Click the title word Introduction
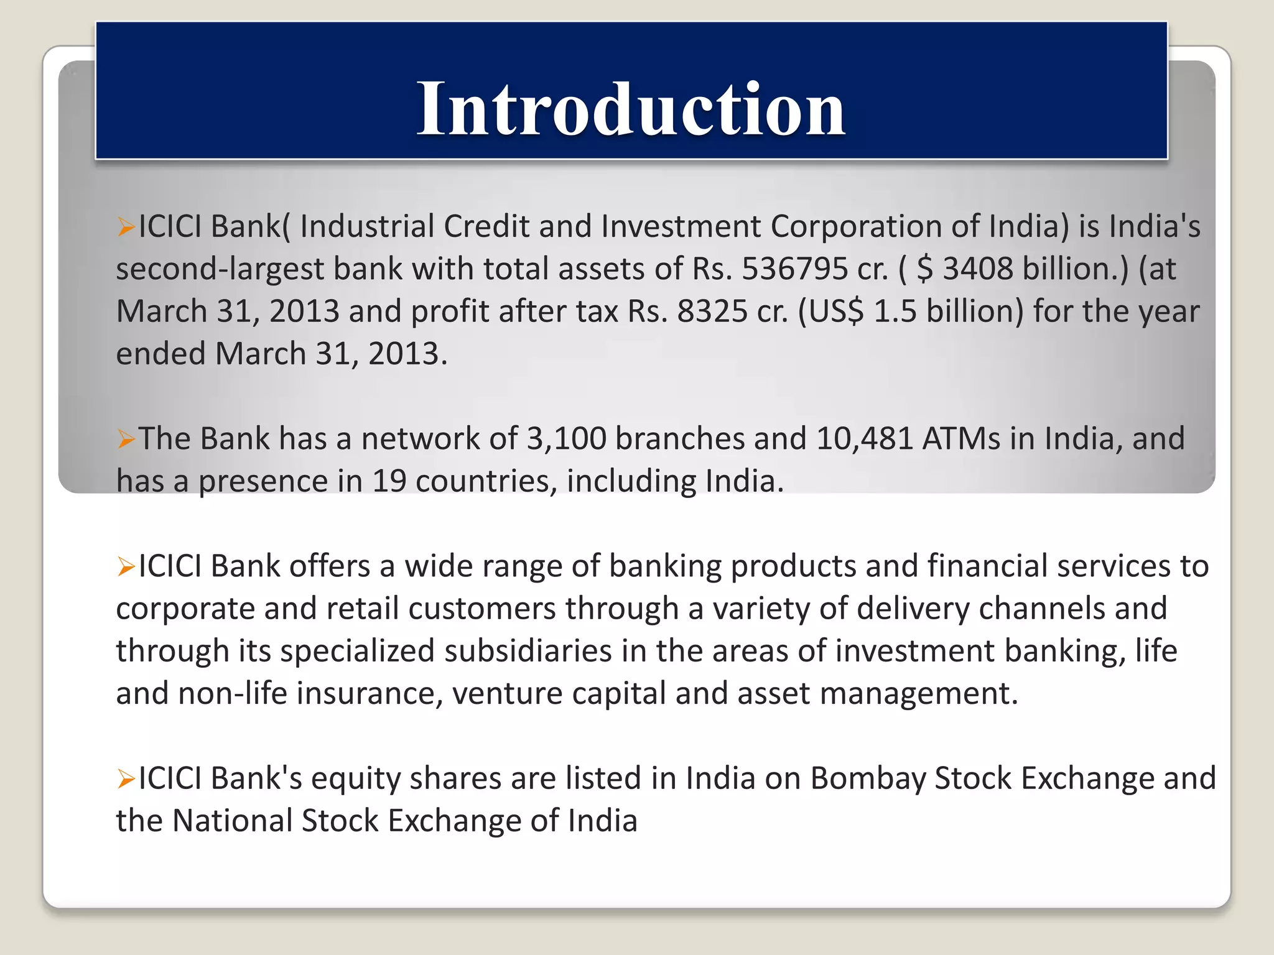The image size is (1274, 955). pos(631,109)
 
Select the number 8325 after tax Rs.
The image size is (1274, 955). pos(712,311)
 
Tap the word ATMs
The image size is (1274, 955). pos(961,439)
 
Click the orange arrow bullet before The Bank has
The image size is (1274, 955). pos(126,440)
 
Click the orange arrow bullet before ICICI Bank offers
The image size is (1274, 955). pos(126,567)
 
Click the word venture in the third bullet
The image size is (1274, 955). pos(507,693)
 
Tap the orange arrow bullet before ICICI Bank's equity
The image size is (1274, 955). pos(126,779)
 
